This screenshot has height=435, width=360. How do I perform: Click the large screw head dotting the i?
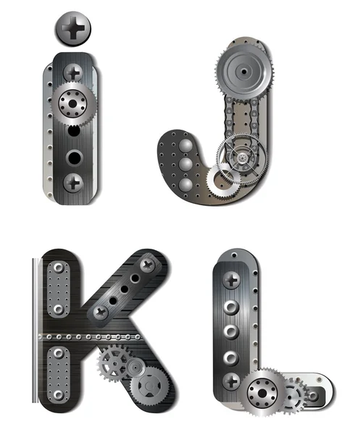click(73, 28)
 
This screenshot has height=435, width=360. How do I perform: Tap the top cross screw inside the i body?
click(73, 73)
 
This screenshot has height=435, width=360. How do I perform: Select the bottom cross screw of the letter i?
click(73, 183)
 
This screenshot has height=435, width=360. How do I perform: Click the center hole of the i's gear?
click(72, 104)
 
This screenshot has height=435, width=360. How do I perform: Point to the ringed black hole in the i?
click(75, 158)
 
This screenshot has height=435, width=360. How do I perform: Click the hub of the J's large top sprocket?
click(244, 72)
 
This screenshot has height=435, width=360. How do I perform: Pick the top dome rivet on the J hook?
click(185, 146)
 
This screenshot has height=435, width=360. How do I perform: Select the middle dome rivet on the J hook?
click(185, 165)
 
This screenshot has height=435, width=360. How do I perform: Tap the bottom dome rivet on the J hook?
click(185, 185)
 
